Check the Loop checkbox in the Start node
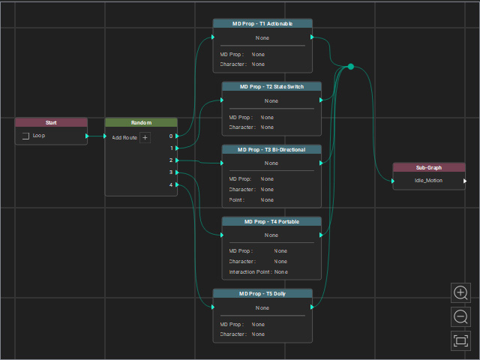[25, 136]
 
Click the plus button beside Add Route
[145, 138]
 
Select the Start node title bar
[51, 122]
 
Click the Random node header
[141, 122]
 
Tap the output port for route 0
[177, 136]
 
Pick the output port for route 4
[177, 184]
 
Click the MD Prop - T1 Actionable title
[262, 23]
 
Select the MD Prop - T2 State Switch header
[271, 87]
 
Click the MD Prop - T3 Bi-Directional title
[271, 150]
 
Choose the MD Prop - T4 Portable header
[271, 222]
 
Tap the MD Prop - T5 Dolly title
[262, 293]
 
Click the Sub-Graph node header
[429, 167]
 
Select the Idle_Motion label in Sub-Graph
[428, 181]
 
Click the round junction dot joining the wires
[351, 67]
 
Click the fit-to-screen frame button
[460, 340]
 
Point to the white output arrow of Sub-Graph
[465, 181]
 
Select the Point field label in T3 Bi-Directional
[237, 200]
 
